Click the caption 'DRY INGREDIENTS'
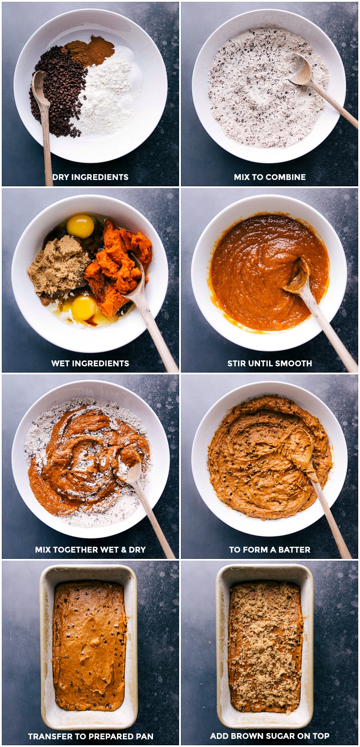(90, 177)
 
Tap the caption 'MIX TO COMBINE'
(270, 177)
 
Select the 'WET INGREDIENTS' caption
(90, 363)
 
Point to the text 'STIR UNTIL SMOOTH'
(270, 363)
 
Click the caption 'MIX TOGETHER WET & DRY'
(90, 549)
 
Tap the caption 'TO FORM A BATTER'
(270, 549)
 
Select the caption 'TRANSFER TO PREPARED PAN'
(90, 736)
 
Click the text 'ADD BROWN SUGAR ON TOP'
(270, 736)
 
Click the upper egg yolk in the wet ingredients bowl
(80, 226)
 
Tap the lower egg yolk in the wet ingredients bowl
(84, 308)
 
